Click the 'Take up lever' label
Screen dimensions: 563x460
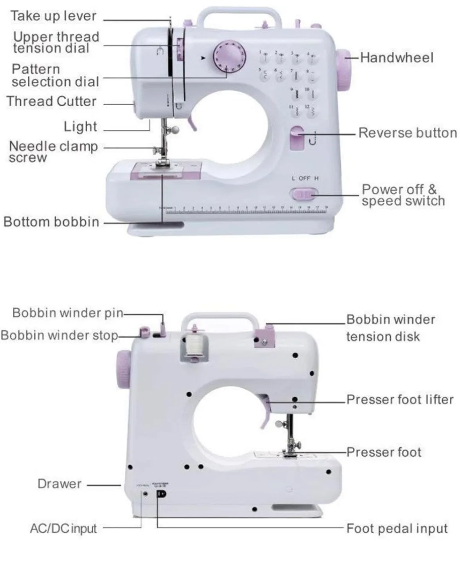53,16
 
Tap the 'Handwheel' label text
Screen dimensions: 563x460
397,58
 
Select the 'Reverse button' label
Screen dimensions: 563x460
407,133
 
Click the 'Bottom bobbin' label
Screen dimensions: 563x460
51,222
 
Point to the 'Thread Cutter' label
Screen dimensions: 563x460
51,101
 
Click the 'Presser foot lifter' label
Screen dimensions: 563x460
400,400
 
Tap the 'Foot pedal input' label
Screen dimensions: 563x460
397,529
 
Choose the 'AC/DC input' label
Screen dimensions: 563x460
63,529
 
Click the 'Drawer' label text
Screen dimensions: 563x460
60,484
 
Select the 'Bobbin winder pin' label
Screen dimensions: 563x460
68,313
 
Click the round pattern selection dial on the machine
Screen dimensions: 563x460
229,56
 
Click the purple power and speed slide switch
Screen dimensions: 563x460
304,193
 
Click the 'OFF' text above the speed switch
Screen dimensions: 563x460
304,178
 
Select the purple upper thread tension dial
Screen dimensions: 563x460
180,50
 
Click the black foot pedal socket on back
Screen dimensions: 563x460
161,494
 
